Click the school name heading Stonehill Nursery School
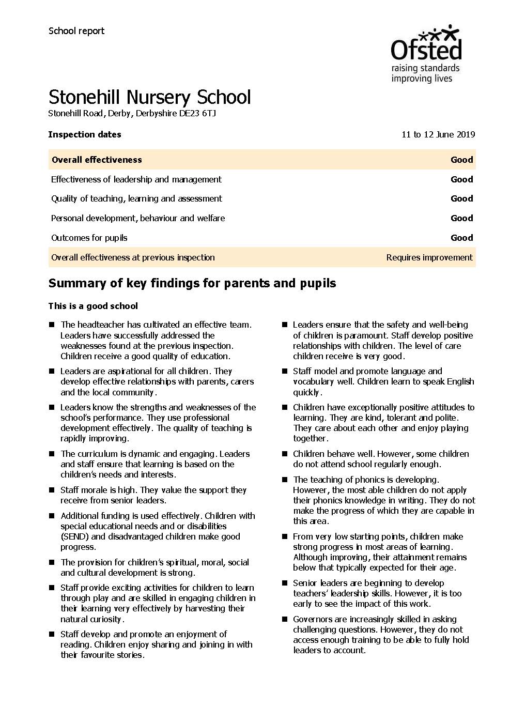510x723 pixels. (x=149, y=97)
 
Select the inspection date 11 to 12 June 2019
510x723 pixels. (x=438, y=135)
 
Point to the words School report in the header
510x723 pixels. (x=76, y=31)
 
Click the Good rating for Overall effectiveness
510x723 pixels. (x=461, y=160)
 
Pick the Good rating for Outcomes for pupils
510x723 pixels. (x=461, y=238)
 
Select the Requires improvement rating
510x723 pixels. (x=429, y=257)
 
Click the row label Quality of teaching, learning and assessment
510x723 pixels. (x=136, y=198)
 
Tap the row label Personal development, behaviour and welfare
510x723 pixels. (x=138, y=218)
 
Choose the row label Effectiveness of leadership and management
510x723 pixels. (x=136, y=179)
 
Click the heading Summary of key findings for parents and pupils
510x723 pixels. (x=192, y=283)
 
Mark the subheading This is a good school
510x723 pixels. (x=93, y=306)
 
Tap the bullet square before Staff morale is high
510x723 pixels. (x=52, y=490)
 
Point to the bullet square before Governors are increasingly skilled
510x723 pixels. (x=284, y=619)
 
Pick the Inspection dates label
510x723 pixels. (x=85, y=135)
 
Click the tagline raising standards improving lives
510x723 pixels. (x=425, y=73)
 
